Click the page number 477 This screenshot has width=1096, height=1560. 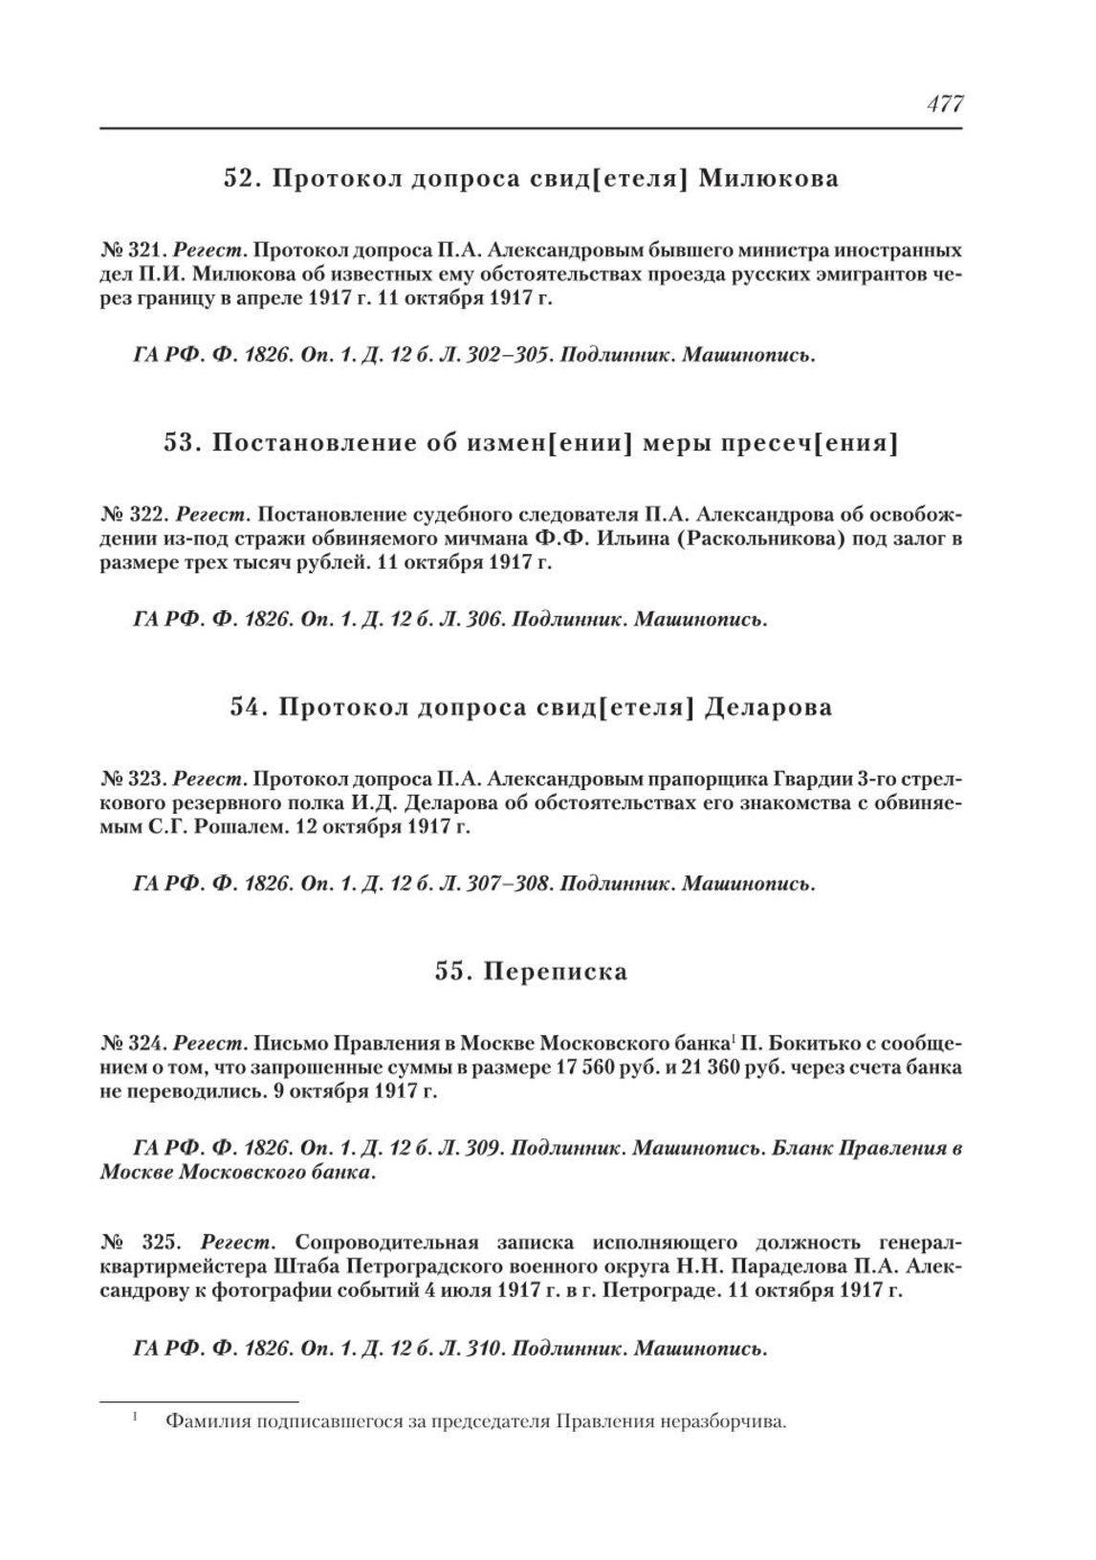pos(944,104)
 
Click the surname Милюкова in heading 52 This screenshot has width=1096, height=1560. pos(769,179)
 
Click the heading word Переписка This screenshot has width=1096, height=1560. pos(555,972)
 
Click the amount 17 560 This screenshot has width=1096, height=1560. pos(572,1067)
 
